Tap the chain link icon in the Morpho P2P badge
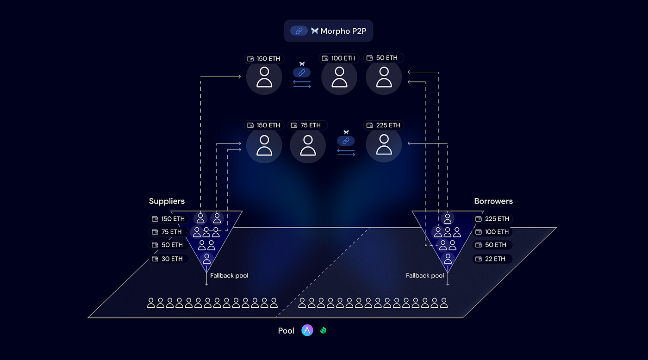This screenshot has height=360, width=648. coord(299,31)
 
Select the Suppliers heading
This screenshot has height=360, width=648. coord(167,201)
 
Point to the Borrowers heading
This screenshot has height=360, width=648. coord(493,201)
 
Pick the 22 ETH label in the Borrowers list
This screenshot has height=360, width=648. coord(492,259)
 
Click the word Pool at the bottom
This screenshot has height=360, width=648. coord(286,331)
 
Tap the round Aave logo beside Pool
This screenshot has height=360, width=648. coord(307,330)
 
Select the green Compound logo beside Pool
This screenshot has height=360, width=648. coord(323,331)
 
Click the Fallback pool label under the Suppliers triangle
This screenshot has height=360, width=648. coord(229,276)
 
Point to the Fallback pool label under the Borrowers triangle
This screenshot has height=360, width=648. coord(425,276)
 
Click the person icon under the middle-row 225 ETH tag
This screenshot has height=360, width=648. coord(384,145)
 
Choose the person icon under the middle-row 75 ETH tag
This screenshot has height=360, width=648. coord(308,145)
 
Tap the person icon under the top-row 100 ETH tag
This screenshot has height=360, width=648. coord(339,77)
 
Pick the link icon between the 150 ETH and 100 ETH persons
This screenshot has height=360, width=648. coord(302,73)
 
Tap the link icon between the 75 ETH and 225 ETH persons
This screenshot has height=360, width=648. coord(346,141)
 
